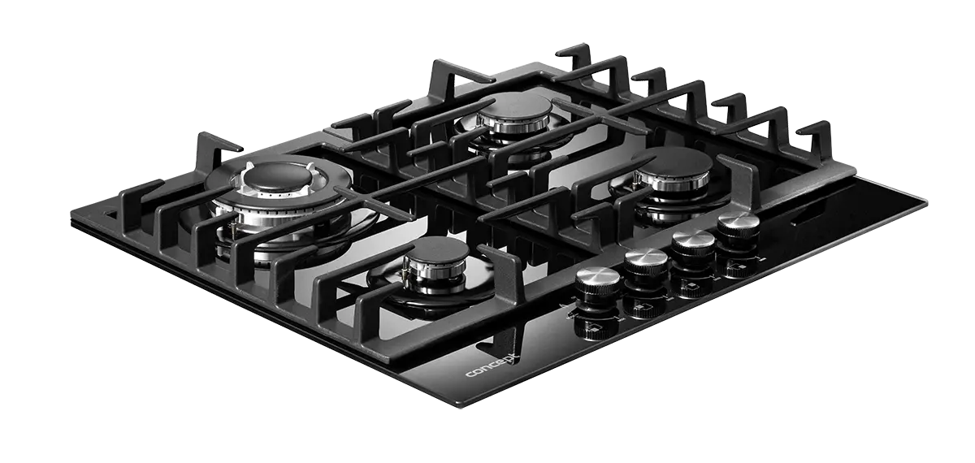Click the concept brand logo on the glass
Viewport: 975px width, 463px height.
click(492, 367)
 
